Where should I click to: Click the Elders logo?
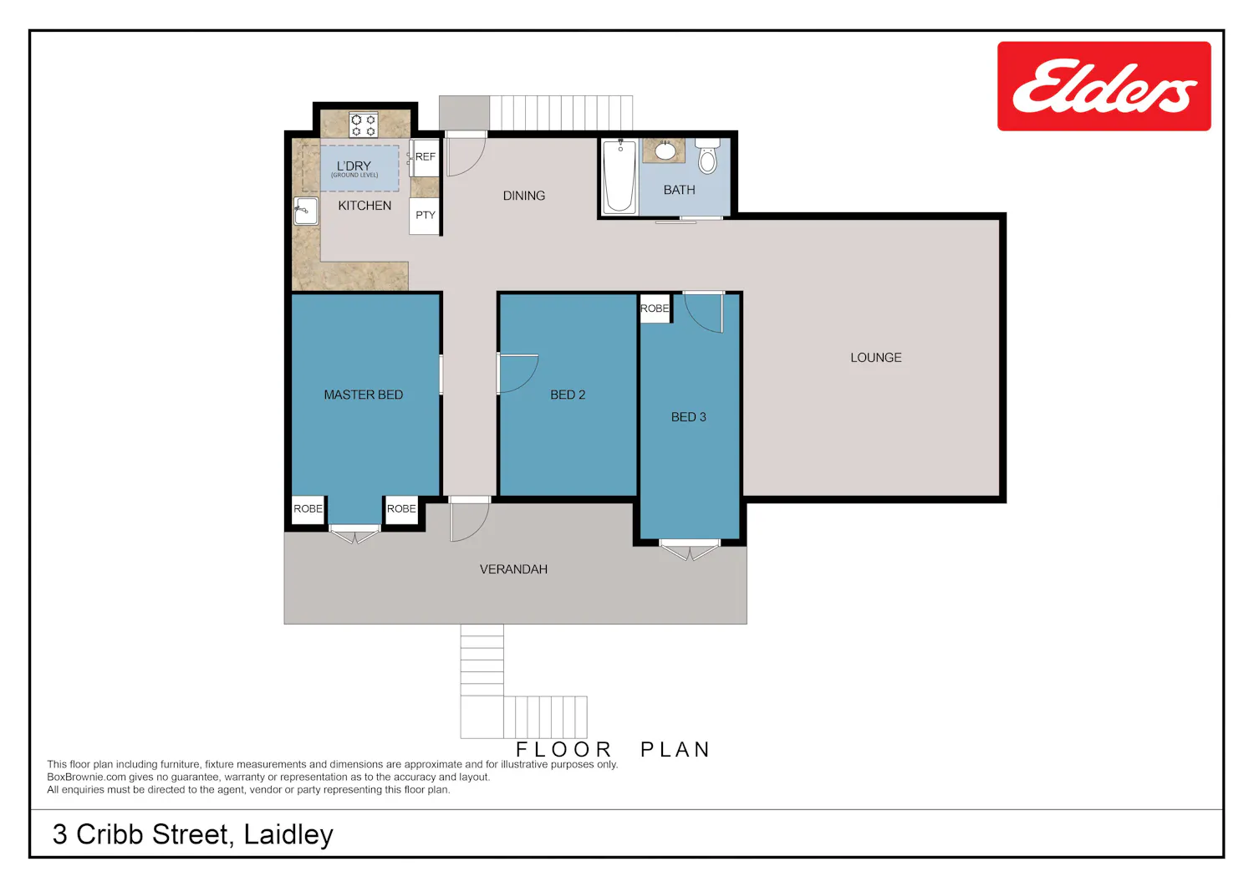(1104, 86)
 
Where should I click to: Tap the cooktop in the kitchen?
(364, 125)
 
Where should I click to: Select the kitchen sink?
(306, 212)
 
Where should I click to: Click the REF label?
(426, 157)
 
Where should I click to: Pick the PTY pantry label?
(426, 215)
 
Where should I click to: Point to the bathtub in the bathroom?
(619, 176)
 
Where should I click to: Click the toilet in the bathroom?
(707, 157)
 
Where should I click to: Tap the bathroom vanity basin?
(665, 150)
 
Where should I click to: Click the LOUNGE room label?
(876, 358)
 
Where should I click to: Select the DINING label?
(524, 196)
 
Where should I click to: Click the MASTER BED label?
(364, 395)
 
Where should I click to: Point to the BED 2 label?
(568, 395)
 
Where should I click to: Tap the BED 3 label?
(689, 417)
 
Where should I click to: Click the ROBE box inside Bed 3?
(655, 308)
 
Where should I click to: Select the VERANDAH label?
(513, 569)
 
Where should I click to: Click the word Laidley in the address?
(288, 835)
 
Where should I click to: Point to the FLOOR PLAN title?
(613, 749)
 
